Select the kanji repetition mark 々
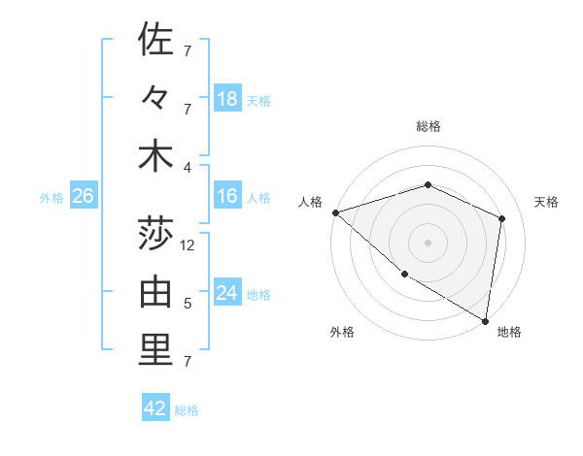(x=155, y=99)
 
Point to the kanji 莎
(x=155, y=233)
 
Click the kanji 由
(x=155, y=292)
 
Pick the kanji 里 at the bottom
(x=155, y=350)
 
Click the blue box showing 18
(x=227, y=99)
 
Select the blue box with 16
(x=227, y=197)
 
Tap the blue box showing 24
(x=227, y=294)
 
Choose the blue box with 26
(x=83, y=197)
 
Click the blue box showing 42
(x=155, y=408)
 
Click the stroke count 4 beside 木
(x=188, y=167)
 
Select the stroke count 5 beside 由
(x=188, y=304)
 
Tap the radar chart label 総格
(x=428, y=126)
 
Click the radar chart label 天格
(x=547, y=202)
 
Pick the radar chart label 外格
(x=341, y=333)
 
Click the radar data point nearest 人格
(x=335, y=212)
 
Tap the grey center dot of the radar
(x=428, y=242)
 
